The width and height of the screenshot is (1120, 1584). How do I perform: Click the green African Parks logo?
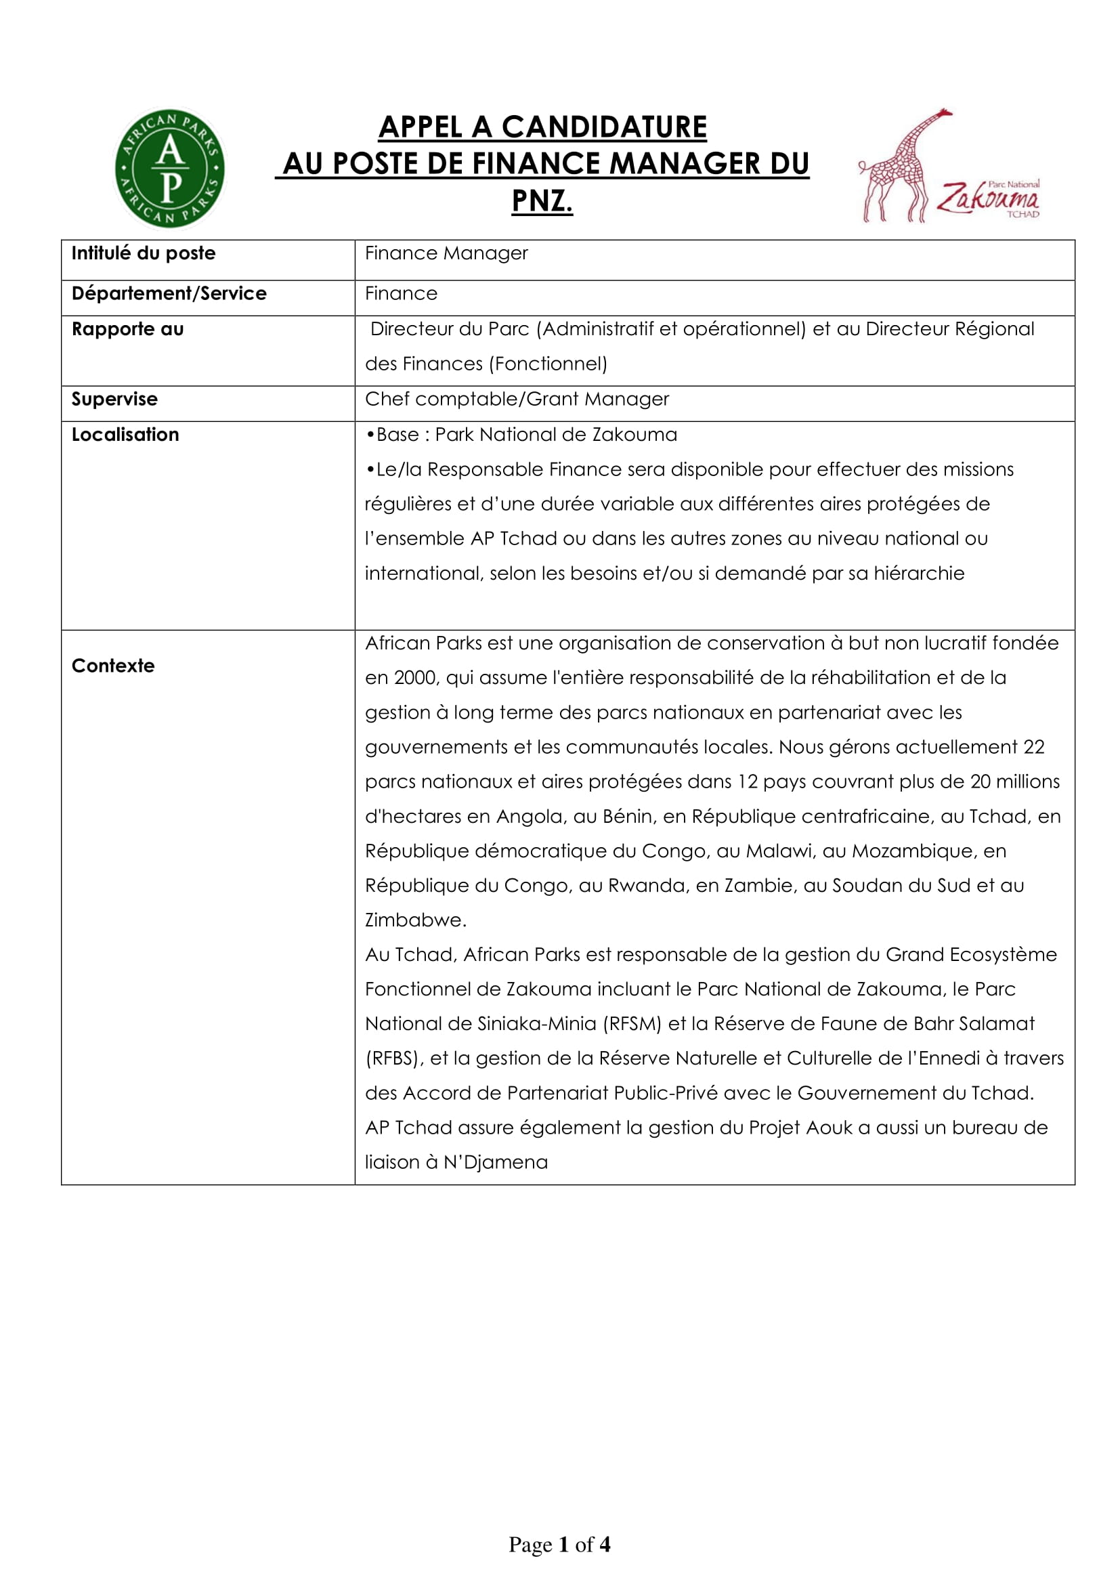170,169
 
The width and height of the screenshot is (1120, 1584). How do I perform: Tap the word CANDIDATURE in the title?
604,127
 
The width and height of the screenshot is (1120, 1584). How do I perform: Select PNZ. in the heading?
542,201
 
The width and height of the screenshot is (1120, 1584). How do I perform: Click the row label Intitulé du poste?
144,253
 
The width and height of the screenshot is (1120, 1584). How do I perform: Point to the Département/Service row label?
169,293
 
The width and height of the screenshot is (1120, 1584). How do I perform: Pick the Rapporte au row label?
127,329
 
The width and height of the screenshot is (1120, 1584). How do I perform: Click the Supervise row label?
114,399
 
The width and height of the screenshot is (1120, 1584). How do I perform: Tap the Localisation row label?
125,435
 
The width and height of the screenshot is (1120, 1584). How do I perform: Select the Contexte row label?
113,666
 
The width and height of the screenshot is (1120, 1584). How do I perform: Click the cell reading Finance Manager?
446,253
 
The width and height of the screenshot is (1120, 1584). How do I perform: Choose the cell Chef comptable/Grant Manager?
517,399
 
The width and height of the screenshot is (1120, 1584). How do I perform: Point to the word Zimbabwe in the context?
415,920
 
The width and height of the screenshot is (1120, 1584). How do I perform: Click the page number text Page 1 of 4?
559,1545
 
